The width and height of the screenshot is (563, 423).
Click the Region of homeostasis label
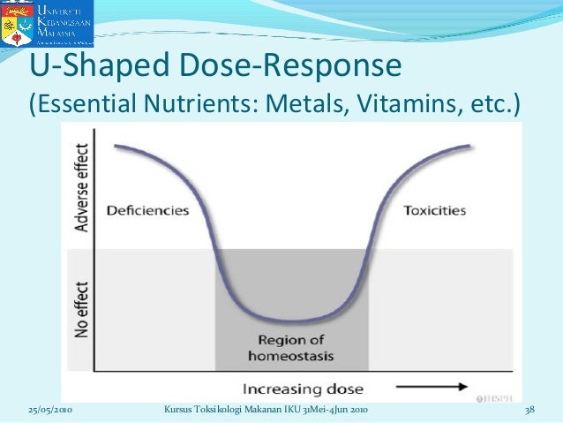(291, 350)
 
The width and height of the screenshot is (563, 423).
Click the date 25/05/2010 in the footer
(49, 412)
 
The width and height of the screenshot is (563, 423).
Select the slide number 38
(530, 412)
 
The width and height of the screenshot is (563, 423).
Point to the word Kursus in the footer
(181, 412)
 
